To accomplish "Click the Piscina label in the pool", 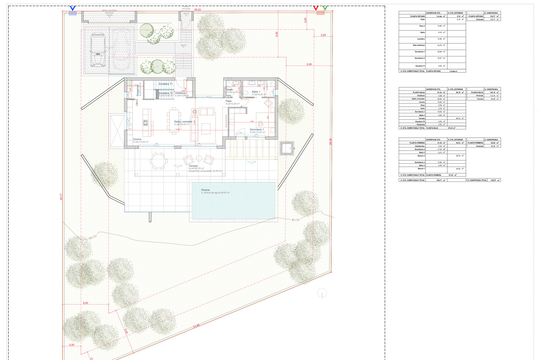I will pyautogui.click(x=205, y=190).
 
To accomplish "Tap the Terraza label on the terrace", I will pyautogui.click(x=193, y=166).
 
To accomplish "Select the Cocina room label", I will pyautogui.click(x=137, y=139).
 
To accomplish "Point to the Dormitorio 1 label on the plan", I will pyautogui.click(x=257, y=130).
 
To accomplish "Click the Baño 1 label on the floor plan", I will pyautogui.click(x=256, y=92).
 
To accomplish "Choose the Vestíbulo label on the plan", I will pyautogui.click(x=180, y=93).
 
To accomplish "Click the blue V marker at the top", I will pyautogui.click(x=72, y=8).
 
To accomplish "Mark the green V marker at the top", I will pyautogui.click(x=325, y=8).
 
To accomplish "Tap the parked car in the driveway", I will pyautogui.click(x=98, y=50).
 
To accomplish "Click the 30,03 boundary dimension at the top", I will pyautogui.click(x=197, y=10).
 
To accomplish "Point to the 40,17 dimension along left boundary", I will pyautogui.click(x=61, y=197).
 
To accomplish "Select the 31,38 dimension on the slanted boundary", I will pyautogui.click(x=196, y=326).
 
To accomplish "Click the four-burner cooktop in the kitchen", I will pyautogui.click(x=145, y=123).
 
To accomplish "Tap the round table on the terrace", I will pyautogui.click(x=159, y=161).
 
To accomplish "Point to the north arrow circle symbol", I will pyautogui.click(x=322, y=293).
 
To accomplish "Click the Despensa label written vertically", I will pyautogui.click(x=137, y=90).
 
